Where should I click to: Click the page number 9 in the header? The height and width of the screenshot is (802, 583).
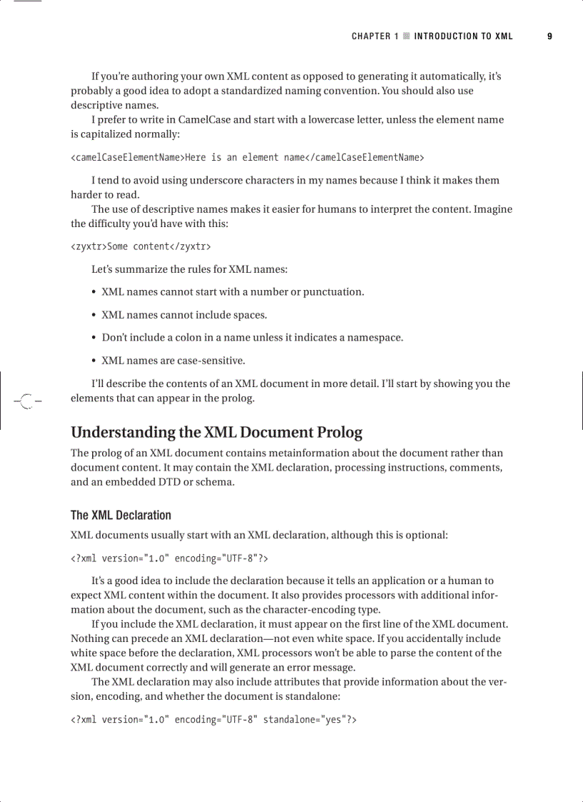point(549,36)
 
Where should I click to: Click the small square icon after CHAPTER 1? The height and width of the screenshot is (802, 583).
point(406,36)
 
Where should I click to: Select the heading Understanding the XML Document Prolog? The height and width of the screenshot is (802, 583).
point(216,432)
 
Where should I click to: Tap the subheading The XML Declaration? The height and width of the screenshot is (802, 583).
point(121,515)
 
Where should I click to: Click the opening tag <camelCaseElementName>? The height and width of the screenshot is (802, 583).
point(128,157)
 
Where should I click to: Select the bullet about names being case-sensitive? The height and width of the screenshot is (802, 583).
point(173,360)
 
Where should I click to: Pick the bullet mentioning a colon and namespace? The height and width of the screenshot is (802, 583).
point(252,337)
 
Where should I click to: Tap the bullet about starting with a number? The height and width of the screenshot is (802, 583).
point(232,291)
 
